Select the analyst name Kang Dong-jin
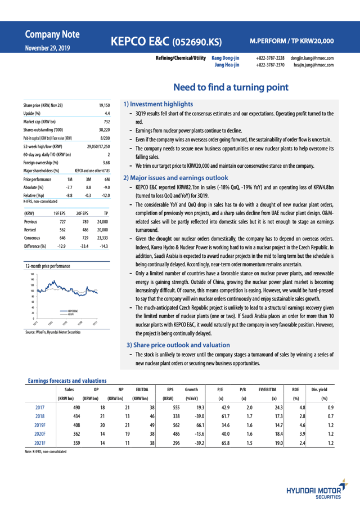226,57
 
